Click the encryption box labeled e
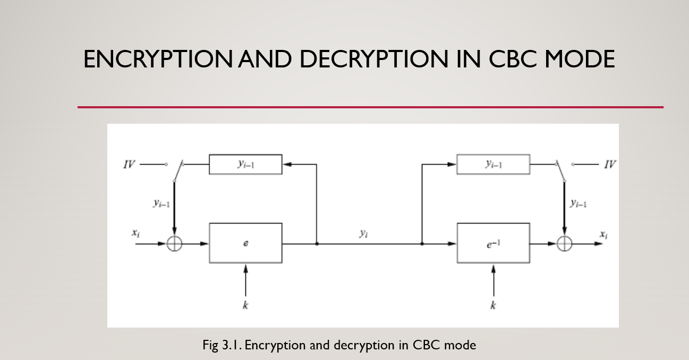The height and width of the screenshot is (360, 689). click(x=245, y=243)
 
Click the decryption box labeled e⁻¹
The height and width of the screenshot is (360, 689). click(x=493, y=243)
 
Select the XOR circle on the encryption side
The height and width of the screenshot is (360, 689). click(x=174, y=244)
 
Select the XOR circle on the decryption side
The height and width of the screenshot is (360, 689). click(x=564, y=244)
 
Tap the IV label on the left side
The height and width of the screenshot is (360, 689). click(x=129, y=165)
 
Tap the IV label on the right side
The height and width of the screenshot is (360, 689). click(x=610, y=165)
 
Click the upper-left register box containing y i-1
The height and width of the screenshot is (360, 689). click(x=245, y=165)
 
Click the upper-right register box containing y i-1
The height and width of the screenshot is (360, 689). click(x=493, y=165)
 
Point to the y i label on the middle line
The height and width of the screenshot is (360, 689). click(x=363, y=233)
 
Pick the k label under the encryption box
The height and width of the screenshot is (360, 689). click(x=245, y=305)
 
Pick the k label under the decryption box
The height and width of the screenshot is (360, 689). click(x=493, y=305)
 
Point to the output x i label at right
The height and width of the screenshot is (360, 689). click(x=603, y=234)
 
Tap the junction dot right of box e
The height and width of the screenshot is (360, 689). click(x=317, y=244)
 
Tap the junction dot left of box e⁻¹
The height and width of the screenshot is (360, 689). click(x=422, y=244)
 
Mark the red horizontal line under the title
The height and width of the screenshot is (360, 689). click(x=370, y=107)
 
